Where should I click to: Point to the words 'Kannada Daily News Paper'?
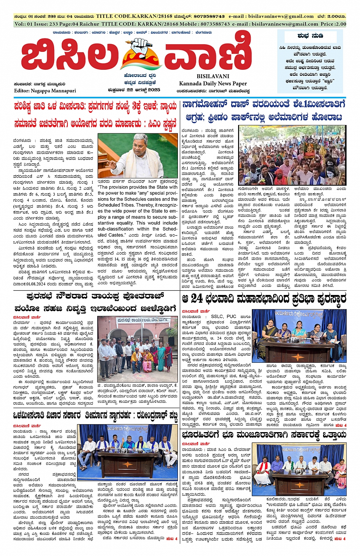pyautogui.click(x=213, y=83)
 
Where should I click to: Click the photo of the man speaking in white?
pyautogui.click(x=138, y=155)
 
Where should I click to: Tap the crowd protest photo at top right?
pyautogui.click(x=292, y=155)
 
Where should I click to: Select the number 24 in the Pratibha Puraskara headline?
pyautogui.click(x=197, y=298)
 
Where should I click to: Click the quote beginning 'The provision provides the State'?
pyautogui.click(x=138, y=187)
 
